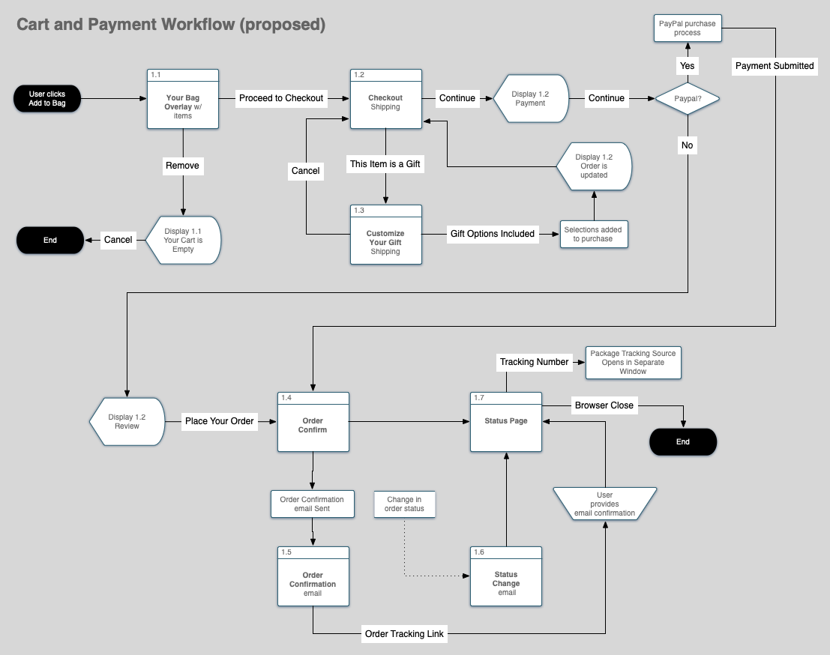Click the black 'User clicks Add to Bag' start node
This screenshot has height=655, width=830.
[x=47, y=99]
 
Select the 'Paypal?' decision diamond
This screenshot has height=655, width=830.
[x=687, y=98]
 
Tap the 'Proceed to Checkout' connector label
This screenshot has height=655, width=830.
[x=281, y=98]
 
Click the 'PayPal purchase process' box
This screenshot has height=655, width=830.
[x=687, y=28]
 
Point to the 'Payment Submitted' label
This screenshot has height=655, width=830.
[x=774, y=66]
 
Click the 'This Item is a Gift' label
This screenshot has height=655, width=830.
[x=385, y=164]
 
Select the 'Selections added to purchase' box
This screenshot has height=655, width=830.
[x=593, y=234]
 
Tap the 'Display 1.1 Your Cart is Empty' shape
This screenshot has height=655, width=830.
[x=184, y=240]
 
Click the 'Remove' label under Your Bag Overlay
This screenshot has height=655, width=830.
[x=183, y=165]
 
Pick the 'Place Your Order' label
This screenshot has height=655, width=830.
[x=220, y=421]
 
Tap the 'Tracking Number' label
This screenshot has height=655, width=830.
[x=535, y=362]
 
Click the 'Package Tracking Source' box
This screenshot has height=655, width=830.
[x=633, y=362]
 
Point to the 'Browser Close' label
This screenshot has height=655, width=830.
[x=604, y=405]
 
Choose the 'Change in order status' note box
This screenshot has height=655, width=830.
[x=404, y=504]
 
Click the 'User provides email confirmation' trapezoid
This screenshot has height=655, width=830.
[x=604, y=504]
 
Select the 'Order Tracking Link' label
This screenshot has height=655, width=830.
[x=404, y=634]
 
